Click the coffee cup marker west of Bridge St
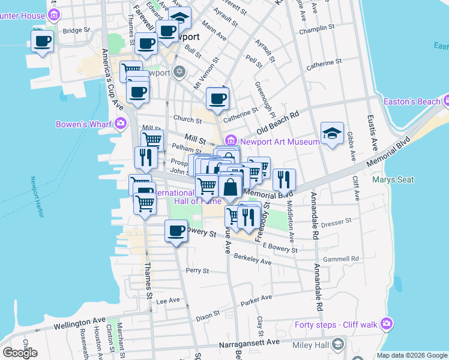click(43, 41)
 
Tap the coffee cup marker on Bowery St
click(176, 231)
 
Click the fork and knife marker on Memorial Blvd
click(284, 179)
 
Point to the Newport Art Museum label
click(280, 142)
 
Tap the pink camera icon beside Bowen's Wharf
click(121, 124)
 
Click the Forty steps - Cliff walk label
click(336, 325)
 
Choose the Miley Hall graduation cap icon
click(338, 344)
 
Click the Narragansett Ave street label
click(249, 342)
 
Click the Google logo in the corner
click(20, 352)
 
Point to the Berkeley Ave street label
click(252, 261)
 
